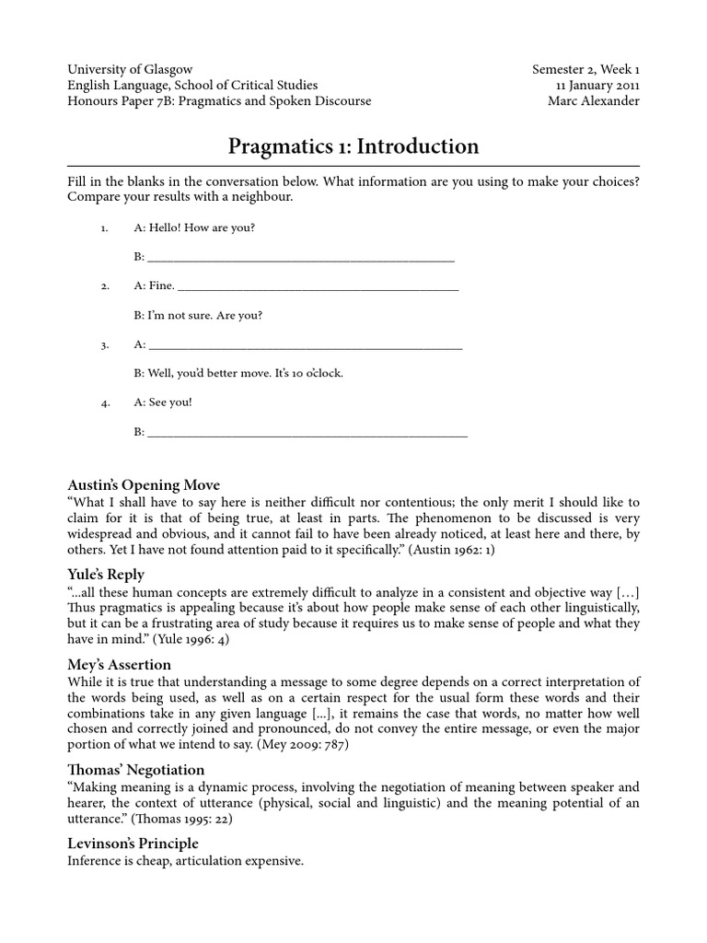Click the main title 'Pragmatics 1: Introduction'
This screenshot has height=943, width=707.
coord(353,146)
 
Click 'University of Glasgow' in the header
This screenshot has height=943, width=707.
coord(130,69)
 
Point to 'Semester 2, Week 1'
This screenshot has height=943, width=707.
coord(585,69)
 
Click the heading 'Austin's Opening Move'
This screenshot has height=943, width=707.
coord(144,485)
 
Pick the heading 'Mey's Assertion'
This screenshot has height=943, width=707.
coord(120,664)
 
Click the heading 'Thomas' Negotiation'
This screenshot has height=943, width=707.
coord(136,770)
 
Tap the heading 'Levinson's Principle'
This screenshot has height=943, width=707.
coord(133,844)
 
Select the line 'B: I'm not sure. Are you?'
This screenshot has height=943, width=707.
coord(198,315)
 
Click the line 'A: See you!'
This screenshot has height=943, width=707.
coord(163,402)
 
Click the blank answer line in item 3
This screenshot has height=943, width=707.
coord(305,346)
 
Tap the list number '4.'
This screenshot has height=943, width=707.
coord(106,402)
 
